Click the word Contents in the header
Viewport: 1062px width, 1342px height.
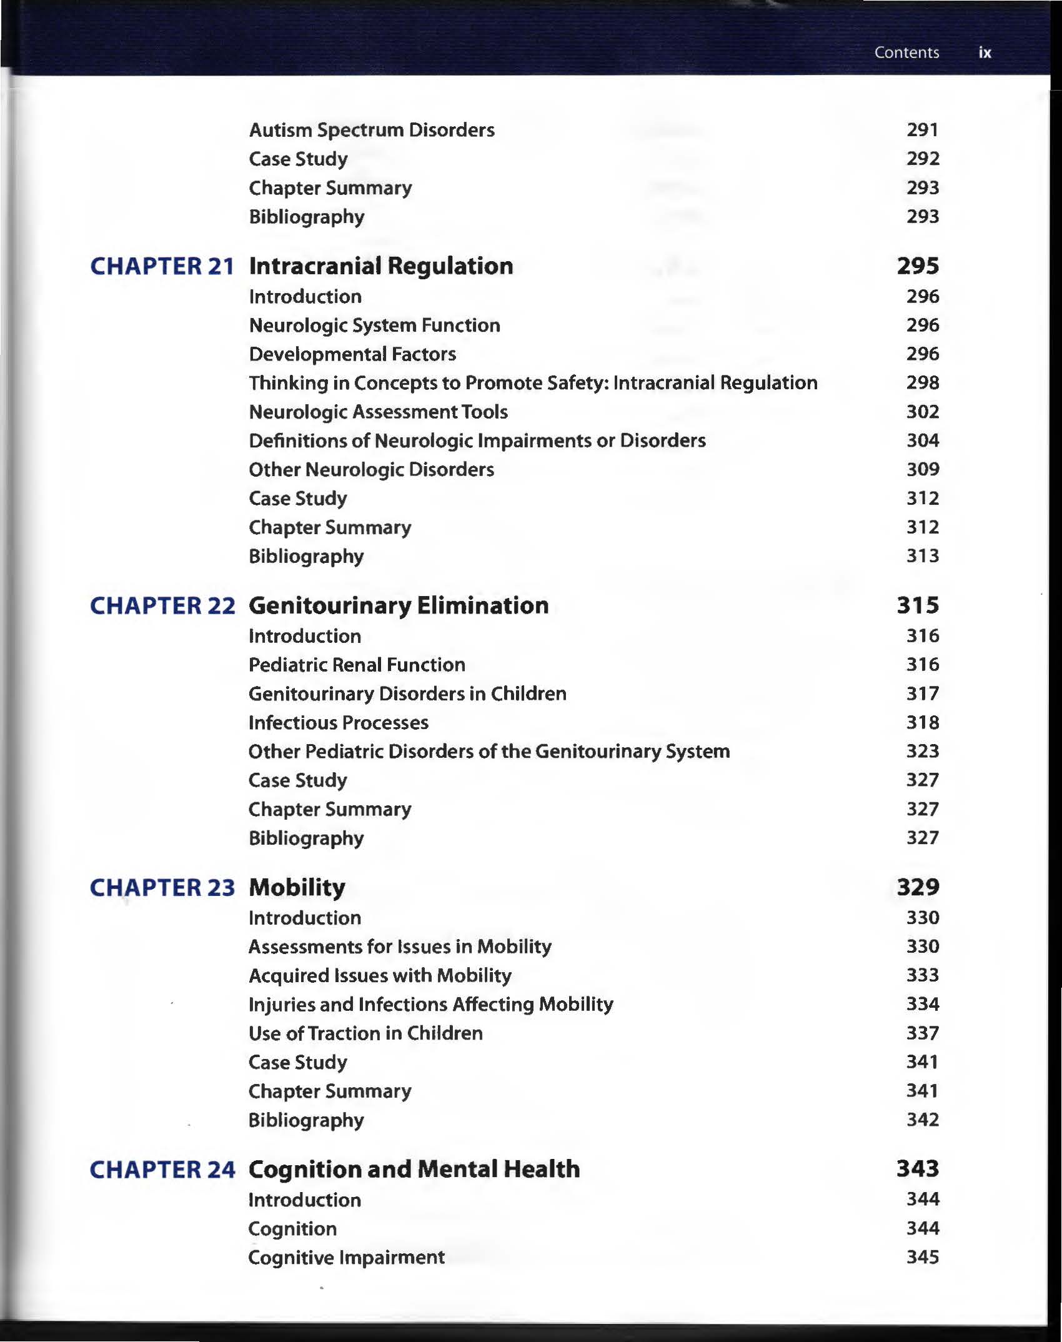[x=906, y=52]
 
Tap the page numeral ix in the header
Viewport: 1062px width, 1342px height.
[x=985, y=52]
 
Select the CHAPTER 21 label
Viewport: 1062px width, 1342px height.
[x=162, y=266]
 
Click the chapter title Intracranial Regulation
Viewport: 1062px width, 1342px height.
[x=381, y=266]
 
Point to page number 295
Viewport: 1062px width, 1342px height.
[x=918, y=266]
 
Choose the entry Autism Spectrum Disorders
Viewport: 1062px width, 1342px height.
[x=372, y=130]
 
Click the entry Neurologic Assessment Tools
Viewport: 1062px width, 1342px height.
[x=378, y=412]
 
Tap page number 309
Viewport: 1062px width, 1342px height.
[x=923, y=469]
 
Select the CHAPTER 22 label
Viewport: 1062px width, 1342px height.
[x=162, y=605]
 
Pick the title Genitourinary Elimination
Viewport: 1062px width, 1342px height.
[x=399, y=605]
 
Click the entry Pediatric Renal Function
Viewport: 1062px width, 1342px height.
[x=357, y=665]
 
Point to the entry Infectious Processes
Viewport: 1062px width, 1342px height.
[x=339, y=723]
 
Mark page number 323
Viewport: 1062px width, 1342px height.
[x=923, y=751]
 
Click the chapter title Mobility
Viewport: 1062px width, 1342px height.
[x=297, y=888]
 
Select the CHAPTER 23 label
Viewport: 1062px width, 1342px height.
[x=162, y=888]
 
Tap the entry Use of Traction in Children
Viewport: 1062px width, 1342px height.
[x=365, y=1033]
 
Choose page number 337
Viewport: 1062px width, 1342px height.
[x=923, y=1033]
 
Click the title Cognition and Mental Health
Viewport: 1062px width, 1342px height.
[x=414, y=1170]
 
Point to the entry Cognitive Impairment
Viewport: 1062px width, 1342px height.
[x=346, y=1258]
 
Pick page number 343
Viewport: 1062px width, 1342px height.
[x=918, y=1169]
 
